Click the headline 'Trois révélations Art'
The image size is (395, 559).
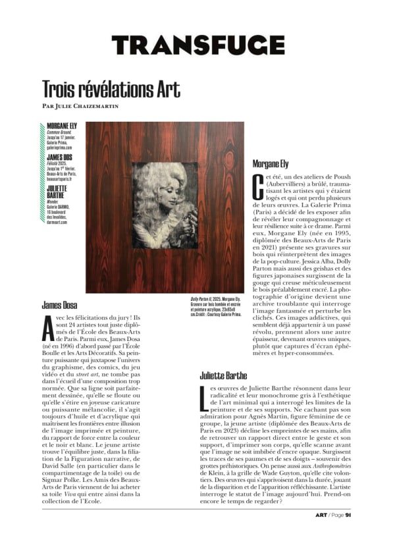[111, 88]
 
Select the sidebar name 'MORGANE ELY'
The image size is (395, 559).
[63, 124]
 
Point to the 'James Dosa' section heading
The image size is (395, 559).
[60, 305]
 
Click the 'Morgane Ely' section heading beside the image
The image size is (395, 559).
[275, 164]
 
